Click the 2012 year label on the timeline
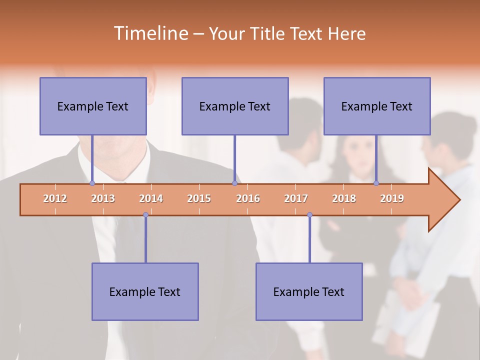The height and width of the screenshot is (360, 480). click(x=55, y=198)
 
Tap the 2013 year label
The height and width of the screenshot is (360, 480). click(x=103, y=198)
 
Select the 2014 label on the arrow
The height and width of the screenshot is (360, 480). click(x=151, y=198)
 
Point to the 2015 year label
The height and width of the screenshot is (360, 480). click(x=199, y=198)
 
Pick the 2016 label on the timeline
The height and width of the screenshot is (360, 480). click(x=248, y=198)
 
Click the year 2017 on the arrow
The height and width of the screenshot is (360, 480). click(x=296, y=198)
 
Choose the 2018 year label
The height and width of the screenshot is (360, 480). click(x=344, y=198)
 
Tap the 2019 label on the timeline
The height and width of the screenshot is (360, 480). click(x=392, y=198)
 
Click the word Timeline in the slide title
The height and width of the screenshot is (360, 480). click(x=150, y=33)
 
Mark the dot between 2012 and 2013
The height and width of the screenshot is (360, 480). click(x=92, y=183)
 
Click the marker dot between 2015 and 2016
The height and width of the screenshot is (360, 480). click(x=234, y=183)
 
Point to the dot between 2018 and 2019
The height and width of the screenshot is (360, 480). click(x=376, y=183)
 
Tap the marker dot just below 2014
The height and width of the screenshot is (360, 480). click(x=145, y=215)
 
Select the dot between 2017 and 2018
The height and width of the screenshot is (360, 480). click(x=309, y=215)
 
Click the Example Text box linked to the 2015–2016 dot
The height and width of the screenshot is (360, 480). click(x=235, y=106)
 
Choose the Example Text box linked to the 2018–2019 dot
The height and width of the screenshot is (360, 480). click(x=377, y=106)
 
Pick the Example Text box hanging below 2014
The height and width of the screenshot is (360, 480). click(x=145, y=291)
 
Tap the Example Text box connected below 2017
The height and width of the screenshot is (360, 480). click(x=309, y=291)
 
